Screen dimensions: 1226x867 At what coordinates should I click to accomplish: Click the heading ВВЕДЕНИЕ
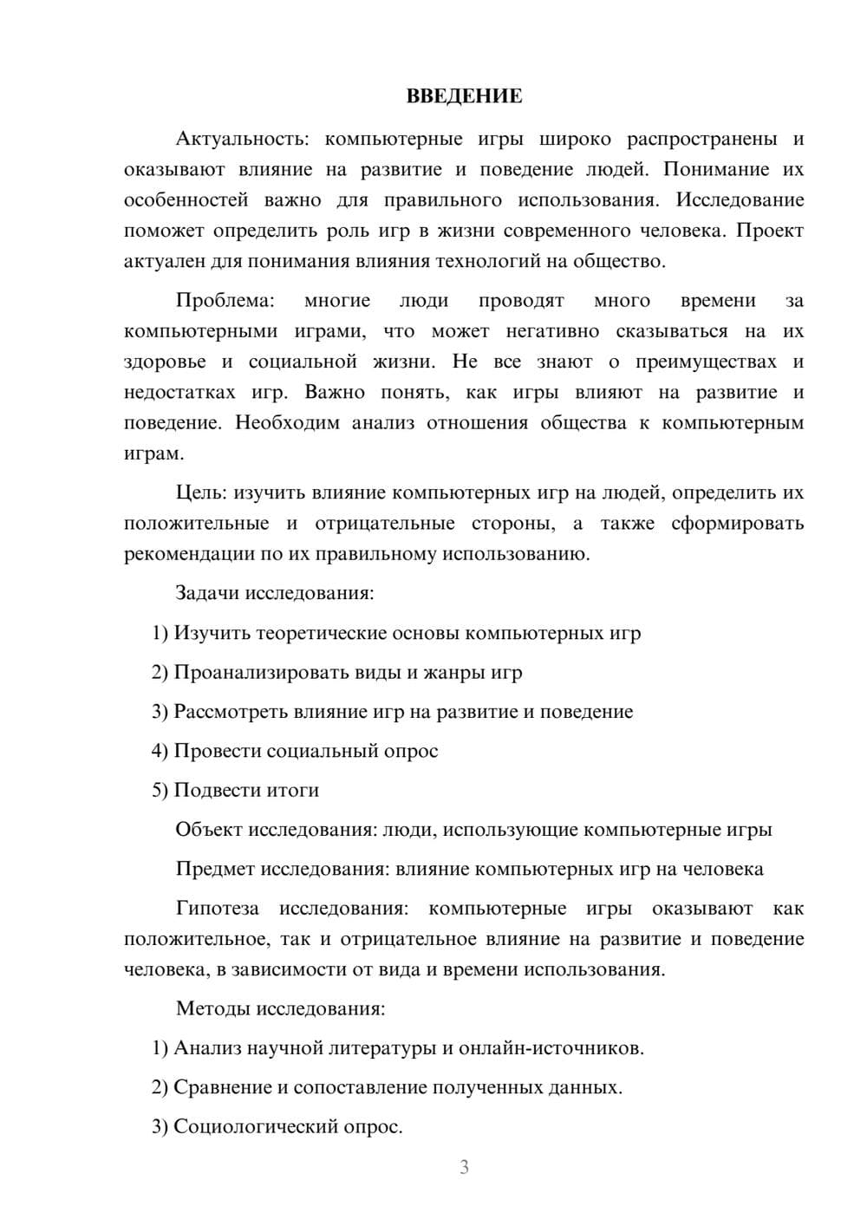[x=464, y=96]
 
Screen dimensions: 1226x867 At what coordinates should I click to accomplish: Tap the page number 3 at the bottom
[x=464, y=1167]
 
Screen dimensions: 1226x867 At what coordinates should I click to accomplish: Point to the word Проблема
[x=225, y=301]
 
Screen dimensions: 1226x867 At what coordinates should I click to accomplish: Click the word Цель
[x=200, y=493]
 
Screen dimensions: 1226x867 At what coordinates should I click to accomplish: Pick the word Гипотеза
[x=217, y=909]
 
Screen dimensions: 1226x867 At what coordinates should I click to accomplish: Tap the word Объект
[x=209, y=830]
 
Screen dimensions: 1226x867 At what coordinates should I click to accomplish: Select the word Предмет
[x=215, y=869]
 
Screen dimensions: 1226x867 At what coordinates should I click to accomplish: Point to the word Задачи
[x=207, y=594]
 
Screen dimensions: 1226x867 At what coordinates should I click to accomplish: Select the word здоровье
[x=165, y=362]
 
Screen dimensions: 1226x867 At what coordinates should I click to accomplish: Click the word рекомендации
[x=189, y=554]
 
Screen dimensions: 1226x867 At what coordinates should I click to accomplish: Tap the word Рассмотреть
[x=231, y=712]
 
